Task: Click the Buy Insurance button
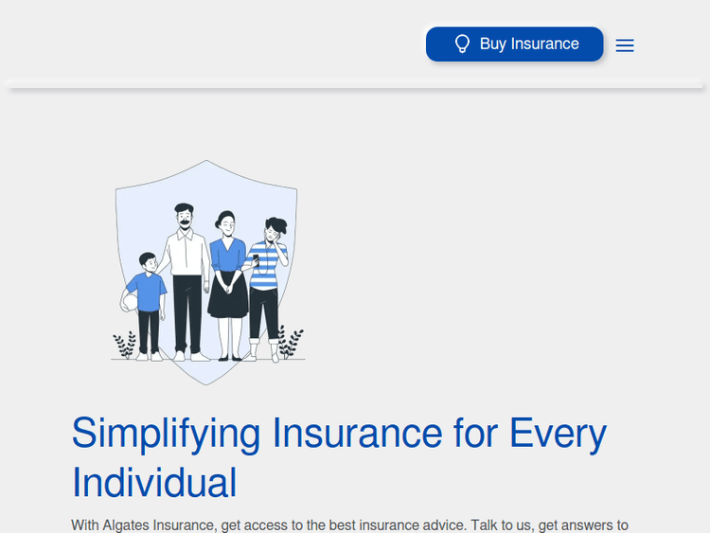[x=514, y=44]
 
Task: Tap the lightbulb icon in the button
[x=462, y=44]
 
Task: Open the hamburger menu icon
[x=625, y=45]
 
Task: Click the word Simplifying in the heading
[x=166, y=434]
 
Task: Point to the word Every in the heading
[x=558, y=434]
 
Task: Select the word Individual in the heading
[x=154, y=482]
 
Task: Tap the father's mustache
[x=184, y=222]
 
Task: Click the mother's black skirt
[x=228, y=295]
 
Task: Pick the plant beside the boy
[x=125, y=345]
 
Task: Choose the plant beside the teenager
[x=291, y=342]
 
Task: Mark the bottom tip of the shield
[x=205, y=383]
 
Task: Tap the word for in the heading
[x=476, y=434]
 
